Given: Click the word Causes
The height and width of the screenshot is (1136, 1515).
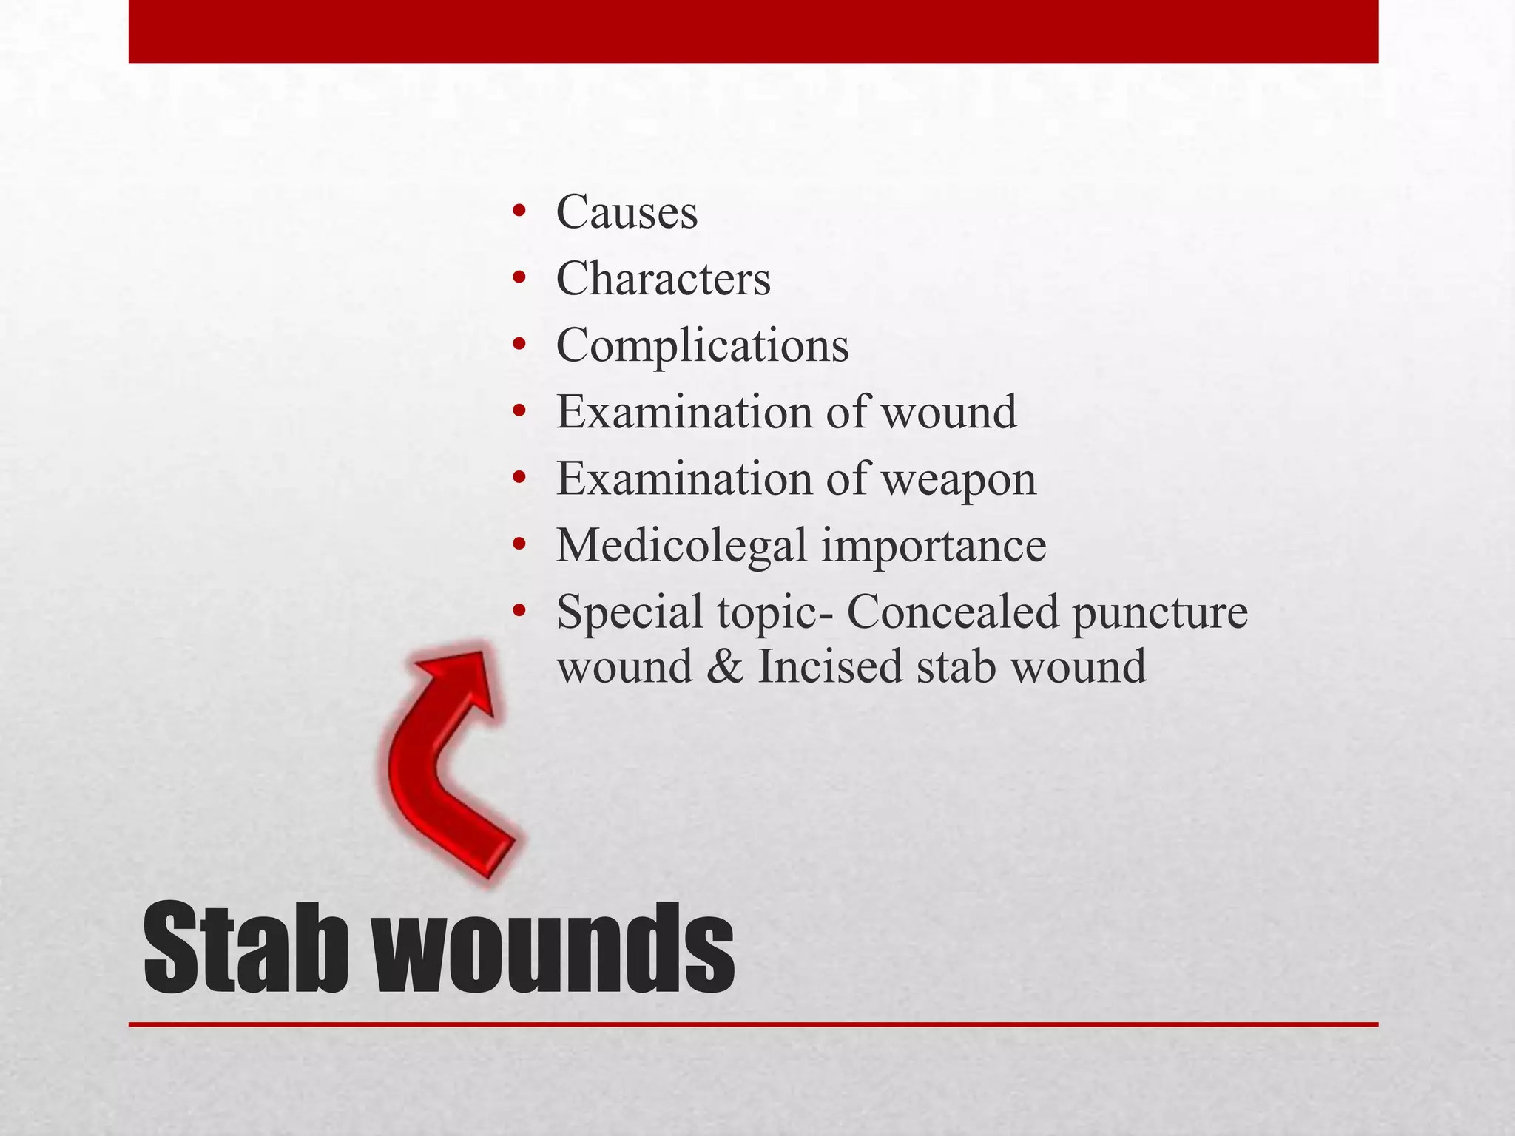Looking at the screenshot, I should coord(627,212).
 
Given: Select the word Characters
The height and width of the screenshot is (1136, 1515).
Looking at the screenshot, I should coord(663,279).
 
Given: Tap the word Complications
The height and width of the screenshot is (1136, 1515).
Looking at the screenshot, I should coord(702,345).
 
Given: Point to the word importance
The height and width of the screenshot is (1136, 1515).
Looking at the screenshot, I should coord(934,546).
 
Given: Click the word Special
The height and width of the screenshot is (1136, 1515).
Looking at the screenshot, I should coord(630,613).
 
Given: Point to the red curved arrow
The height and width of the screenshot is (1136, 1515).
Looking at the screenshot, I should coord(444,762).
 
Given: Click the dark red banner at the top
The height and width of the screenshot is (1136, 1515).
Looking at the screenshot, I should coord(753,31).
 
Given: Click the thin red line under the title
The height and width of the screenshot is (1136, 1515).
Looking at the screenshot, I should coord(753,1024).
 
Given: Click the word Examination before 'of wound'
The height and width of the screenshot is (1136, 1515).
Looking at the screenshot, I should coord(684,412).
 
